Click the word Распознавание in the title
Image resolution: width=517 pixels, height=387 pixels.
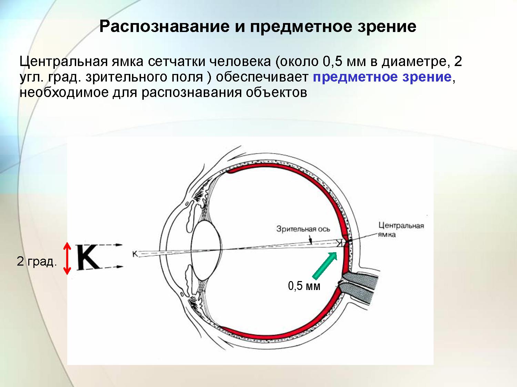[x=164, y=27]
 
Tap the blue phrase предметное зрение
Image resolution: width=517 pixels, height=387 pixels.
[x=382, y=77]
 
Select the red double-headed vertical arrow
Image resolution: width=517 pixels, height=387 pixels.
[x=67, y=258]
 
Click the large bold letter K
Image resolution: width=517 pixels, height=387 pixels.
[x=88, y=257]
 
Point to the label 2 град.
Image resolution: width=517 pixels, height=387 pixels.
[x=37, y=261]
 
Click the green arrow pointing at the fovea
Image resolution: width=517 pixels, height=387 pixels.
[x=325, y=265]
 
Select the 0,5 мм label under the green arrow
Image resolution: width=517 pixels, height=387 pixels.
[x=304, y=286]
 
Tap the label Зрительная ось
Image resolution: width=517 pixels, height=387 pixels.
[x=303, y=229]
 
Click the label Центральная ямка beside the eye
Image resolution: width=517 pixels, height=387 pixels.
[x=401, y=230]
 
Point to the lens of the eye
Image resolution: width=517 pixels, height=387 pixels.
[x=206, y=250]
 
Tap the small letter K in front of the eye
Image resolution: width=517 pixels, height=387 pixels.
[x=135, y=254]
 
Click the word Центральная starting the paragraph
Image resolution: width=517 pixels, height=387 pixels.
[x=64, y=62]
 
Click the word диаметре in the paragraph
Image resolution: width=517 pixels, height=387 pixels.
[x=414, y=62]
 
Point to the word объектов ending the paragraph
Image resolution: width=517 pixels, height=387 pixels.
[x=276, y=93]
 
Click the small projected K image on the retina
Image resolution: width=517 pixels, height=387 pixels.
[x=339, y=243]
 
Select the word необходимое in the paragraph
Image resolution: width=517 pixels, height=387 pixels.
[x=64, y=93]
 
